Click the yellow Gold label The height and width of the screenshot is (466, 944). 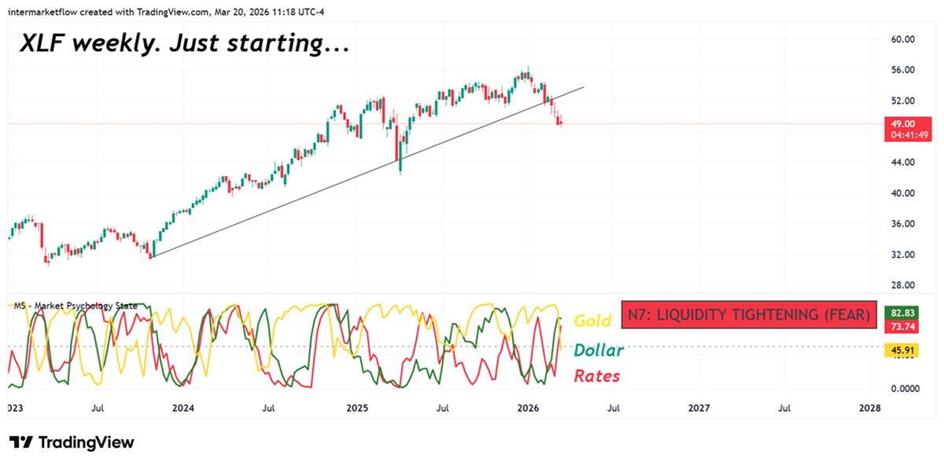tap(592, 321)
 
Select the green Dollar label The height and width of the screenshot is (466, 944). tap(599, 350)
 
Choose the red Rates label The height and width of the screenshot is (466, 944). tap(597, 376)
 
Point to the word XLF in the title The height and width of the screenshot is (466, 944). tap(42, 45)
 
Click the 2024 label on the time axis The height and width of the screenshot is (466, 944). tap(183, 409)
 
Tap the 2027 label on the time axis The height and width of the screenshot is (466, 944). tap(699, 409)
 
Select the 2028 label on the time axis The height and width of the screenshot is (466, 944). tap(869, 409)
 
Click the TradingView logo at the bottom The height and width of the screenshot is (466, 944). tap(72, 442)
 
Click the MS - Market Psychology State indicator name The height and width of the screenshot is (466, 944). tap(76, 306)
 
